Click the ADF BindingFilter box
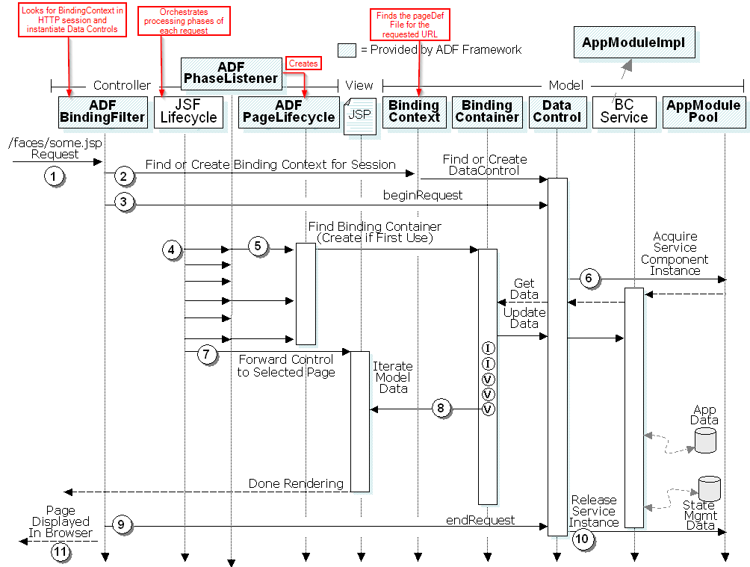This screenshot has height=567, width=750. (102, 111)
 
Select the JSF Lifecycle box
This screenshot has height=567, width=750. (189, 111)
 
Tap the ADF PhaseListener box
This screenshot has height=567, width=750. (231, 72)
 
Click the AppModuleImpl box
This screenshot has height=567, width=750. (633, 43)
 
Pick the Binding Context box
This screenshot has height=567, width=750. (415, 111)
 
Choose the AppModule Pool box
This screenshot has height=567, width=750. (703, 111)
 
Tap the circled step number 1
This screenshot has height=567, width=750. (53, 176)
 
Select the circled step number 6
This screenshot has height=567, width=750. (589, 279)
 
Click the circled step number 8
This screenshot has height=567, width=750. (441, 409)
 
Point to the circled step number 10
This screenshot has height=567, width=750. (582, 538)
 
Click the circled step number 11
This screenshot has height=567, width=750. (60, 552)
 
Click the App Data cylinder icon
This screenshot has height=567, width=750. (705, 440)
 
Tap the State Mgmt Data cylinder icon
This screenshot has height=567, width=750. (709, 489)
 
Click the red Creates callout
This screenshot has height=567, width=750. (303, 63)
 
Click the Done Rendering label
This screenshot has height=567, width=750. (296, 483)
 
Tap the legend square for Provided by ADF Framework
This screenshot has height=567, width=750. (347, 50)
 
